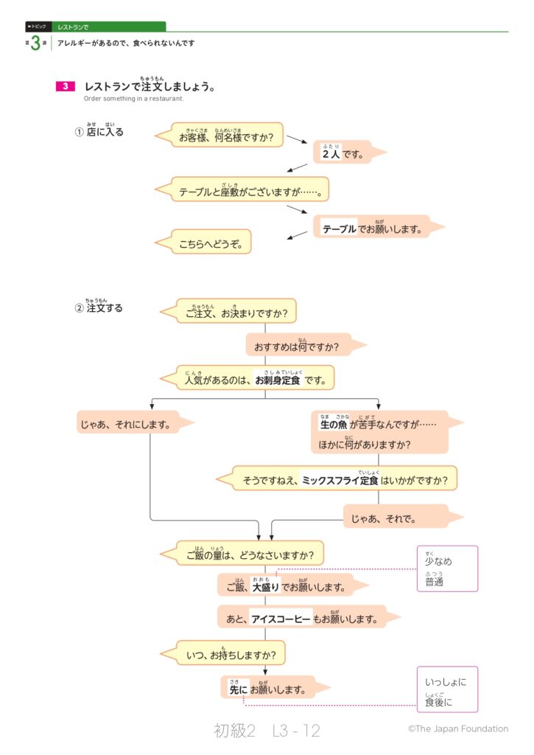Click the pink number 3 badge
[x=65, y=86]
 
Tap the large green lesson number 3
[x=35, y=44]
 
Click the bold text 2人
[x=331, y=154]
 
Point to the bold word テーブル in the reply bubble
[x=339, y=229]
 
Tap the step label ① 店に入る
[x=99, y=132]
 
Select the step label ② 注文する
[x=99, y=307]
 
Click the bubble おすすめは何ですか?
[x=298, y=346]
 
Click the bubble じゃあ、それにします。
[x=127, y=424]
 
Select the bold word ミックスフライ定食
[x=340, y=481]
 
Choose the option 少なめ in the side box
[x=438, y=561]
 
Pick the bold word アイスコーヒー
[x=281, y=619]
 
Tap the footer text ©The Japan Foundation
[x=457, y=728]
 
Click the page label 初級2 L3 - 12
[x=267, y=730]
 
